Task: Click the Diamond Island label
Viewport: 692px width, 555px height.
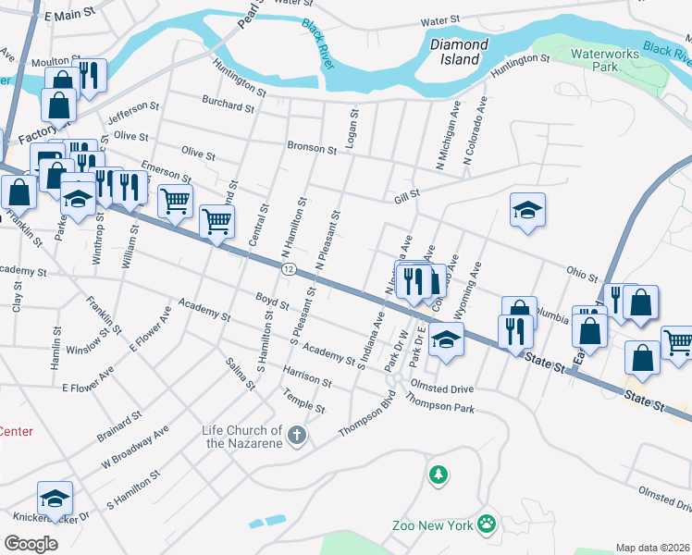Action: (458, 52)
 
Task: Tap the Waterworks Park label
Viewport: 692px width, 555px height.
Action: (606, 60)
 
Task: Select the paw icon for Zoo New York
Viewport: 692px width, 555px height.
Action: (487, 524)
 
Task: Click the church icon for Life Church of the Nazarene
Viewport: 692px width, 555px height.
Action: (296, 436)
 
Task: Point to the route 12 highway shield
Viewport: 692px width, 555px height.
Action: (290, 269)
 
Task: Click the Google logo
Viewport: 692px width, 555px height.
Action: (31, 543)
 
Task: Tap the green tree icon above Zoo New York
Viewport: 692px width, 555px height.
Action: (437, 475)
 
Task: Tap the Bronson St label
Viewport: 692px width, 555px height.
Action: (312, 148)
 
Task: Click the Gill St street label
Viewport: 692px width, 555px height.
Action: (407, 194)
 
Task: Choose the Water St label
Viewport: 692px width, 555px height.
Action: (440, 20)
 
